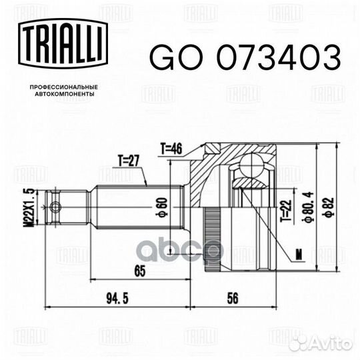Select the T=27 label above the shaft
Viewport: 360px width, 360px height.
click(129, 161)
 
